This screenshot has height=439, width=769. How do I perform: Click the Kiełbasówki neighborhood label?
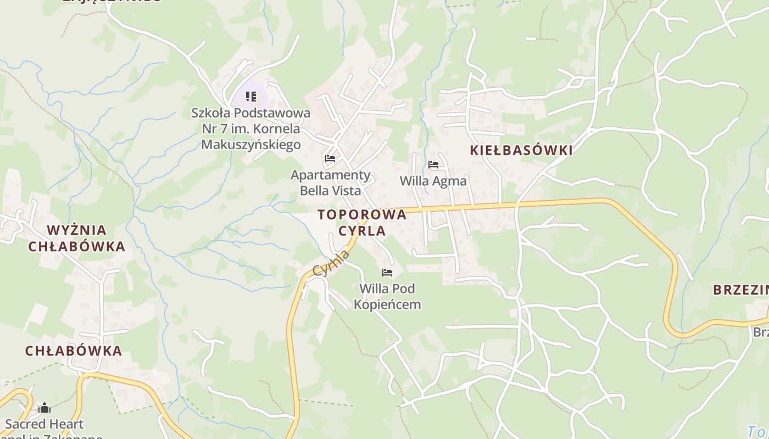521,150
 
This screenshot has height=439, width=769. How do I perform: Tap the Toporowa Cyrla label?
362,222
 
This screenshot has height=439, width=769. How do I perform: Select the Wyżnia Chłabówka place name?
77,238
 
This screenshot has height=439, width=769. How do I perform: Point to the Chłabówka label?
74,351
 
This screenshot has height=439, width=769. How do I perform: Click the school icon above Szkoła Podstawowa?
251,97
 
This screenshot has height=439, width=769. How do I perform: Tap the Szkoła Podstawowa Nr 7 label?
250,129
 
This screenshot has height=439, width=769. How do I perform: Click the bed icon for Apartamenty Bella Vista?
330,159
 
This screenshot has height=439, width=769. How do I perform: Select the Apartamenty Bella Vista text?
331,183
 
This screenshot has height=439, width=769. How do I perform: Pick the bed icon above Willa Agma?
433,164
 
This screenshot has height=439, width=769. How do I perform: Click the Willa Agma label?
433,181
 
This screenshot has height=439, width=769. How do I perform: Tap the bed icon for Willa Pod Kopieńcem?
387,272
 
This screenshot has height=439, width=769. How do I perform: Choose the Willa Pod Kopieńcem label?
387,296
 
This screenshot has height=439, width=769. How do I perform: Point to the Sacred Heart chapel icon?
44,408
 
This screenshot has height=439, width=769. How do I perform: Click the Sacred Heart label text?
44,424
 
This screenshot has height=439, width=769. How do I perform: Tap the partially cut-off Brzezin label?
741,290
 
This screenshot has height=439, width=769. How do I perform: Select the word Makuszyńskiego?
251,144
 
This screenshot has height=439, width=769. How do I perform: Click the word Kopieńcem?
387,305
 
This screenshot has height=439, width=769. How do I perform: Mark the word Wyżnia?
77,230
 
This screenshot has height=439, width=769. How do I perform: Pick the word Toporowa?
362,215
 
